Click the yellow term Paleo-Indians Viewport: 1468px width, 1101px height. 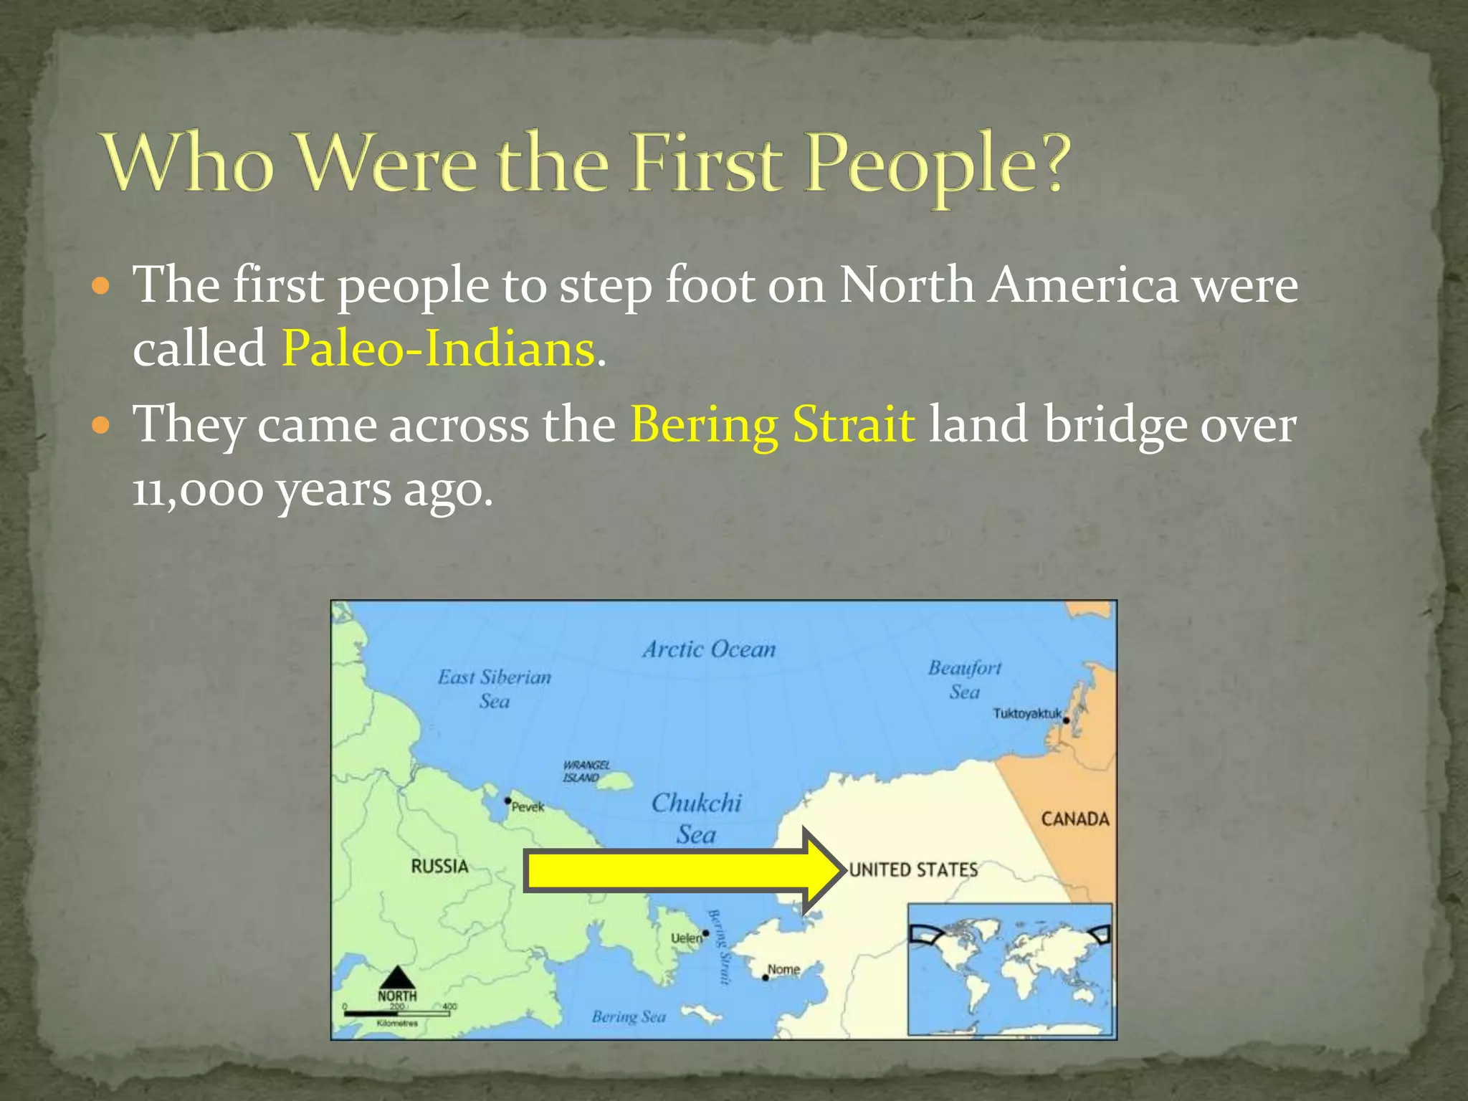coord(439,349)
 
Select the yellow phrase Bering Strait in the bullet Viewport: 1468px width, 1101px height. coord(773,424)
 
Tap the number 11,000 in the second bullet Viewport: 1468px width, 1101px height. coord(199,490)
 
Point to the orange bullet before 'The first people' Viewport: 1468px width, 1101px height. coord(103,287)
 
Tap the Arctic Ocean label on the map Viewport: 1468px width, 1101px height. coord(709,649)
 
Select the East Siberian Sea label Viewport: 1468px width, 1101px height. coord(495,688)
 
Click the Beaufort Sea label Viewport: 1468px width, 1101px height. coord(965,680)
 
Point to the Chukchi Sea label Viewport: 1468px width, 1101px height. coord(696,819)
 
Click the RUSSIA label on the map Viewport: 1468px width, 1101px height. coord(439,866)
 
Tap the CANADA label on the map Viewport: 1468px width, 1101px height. coord(1074,819)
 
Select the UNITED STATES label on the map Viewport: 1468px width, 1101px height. coord(913,869)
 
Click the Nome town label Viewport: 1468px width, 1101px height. coord(783,969)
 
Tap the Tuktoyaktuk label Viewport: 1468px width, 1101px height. coord(1026,713)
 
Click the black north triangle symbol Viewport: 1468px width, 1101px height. coord(396,977)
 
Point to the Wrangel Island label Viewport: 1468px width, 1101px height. coord(586,771)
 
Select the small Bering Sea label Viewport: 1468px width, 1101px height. coord(629,1016)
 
